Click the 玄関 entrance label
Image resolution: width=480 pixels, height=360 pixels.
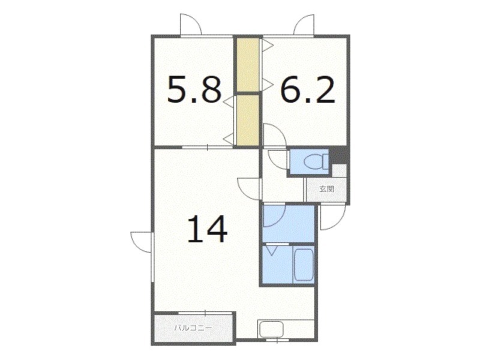click(x=326, y=189)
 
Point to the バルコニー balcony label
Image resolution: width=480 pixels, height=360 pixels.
click(x=193, y=328)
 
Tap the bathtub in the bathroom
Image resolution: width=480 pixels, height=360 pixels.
click(x=304, y=265)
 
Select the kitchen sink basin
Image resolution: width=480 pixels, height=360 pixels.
click(x=272, y=329)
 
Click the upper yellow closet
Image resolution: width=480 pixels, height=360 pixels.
click(x=248, y=64)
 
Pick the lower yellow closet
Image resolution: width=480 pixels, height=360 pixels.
click(x=248, y=121)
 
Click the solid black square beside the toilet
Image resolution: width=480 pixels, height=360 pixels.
click(x=338, y=156)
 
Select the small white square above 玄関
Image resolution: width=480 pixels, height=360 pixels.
click(x=339, y=171)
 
